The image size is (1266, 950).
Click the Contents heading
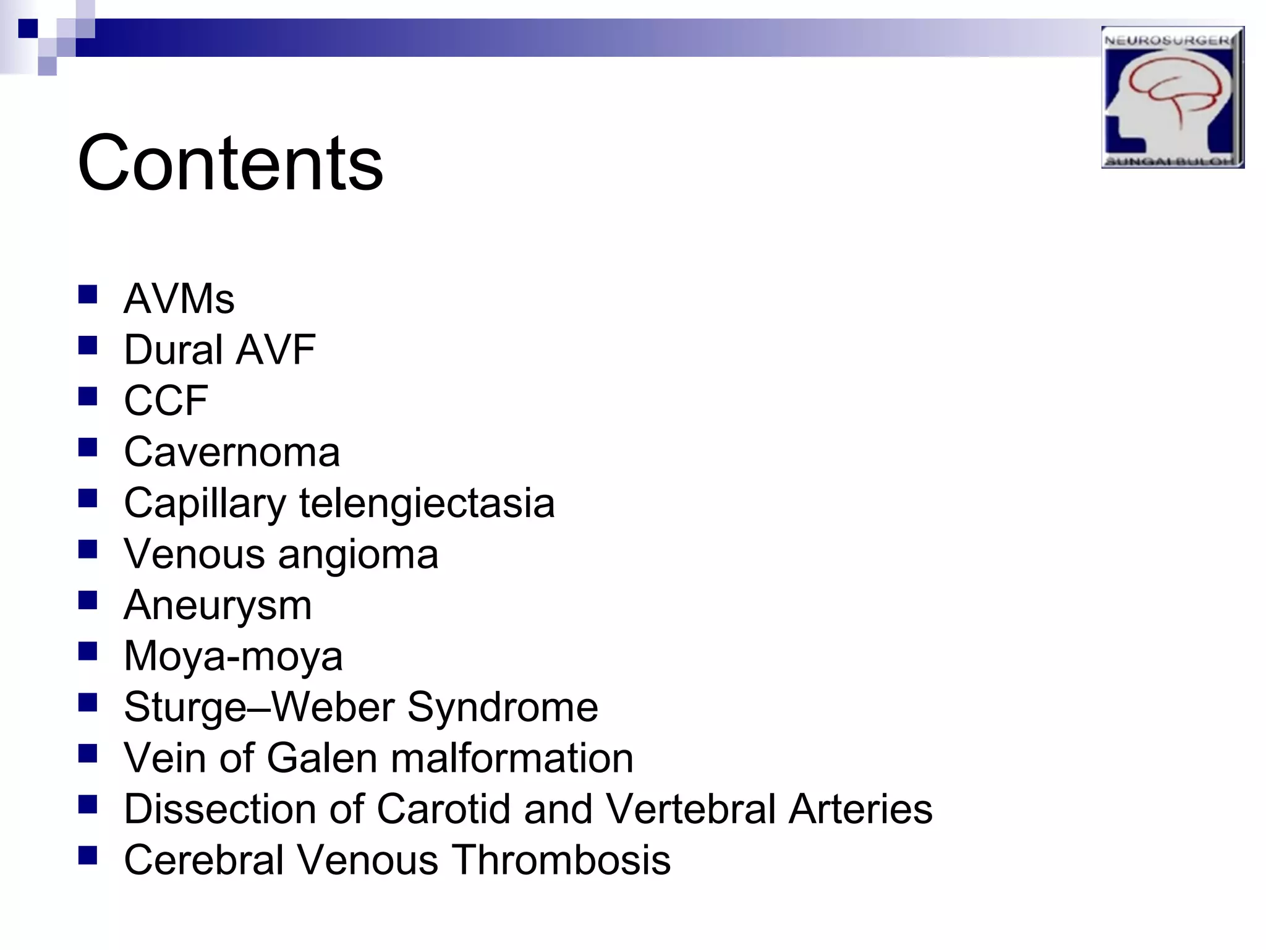pos(230,164)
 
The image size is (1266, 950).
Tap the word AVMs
pos(179,299)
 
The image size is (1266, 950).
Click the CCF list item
pos(166,401)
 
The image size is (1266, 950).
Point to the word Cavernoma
pos(232,452)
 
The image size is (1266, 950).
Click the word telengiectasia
pos(427,503)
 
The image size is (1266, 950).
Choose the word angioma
pos(358,555)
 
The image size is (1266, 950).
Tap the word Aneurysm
pos(218,606)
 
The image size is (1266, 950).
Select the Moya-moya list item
pos(233,656)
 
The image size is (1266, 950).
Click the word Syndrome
pos(503,707)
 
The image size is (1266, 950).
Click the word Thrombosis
pos(561,860)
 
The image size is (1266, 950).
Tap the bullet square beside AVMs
pos(88,294)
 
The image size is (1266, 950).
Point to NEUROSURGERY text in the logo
pos(1171,40)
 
